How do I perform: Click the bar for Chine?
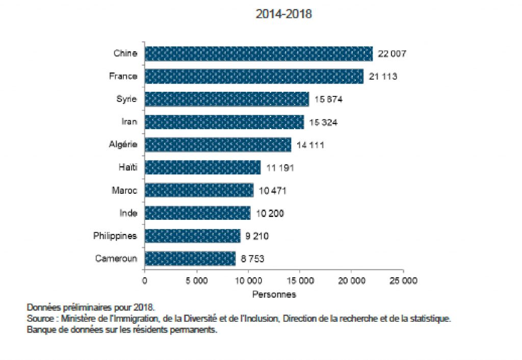[x=258, y=54]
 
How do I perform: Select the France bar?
[x=254, y=76]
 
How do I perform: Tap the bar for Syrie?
[x=226, y=99]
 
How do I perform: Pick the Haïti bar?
[x=202, y=167]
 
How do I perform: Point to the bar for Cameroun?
[x=190, y=259]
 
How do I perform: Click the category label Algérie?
[x=123, y=145]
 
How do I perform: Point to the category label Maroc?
[x=124, y=190]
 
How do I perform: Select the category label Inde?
[x=127, y=213]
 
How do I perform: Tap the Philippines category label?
[x=115, y=236]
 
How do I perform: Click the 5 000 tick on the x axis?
[x=196, y=281]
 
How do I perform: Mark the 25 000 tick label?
[x=403, y=281]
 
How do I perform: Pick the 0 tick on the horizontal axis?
[x=145, y=281]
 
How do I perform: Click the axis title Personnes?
[x=274, y=294]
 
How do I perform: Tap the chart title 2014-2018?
[x=283, y=14]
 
